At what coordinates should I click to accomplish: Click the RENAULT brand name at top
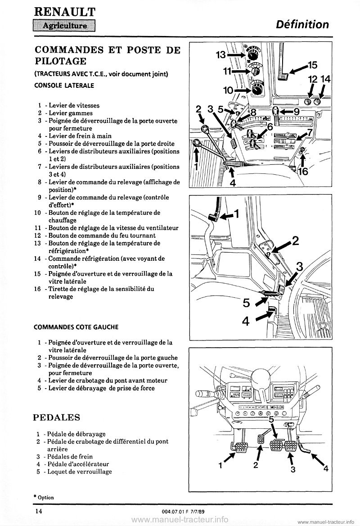point(63,9)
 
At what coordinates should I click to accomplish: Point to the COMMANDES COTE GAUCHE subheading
point(73,327)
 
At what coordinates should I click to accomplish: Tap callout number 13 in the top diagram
point(220,54)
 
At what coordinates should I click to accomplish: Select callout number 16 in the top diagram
point(303,172)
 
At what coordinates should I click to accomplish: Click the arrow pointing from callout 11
point(242,71)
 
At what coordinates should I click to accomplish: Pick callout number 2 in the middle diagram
point(295,240)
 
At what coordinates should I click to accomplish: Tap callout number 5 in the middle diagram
point(246,303)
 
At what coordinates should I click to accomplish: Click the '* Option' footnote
point(44,497)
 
